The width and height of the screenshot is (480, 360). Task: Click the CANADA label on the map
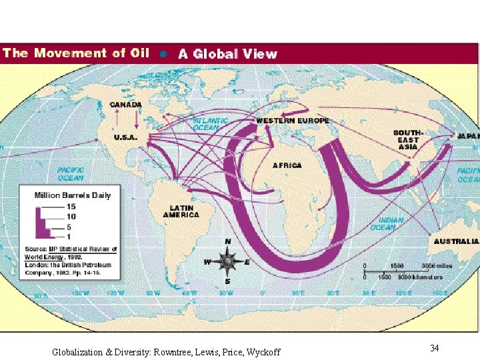click(x=125, y=105)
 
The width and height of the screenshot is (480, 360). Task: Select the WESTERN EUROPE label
click(x=293, y=121)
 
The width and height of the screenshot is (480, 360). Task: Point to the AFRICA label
click(x=287, y=165)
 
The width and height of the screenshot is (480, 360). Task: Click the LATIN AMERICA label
click(x=181, y=211)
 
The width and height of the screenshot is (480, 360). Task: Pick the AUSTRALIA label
click(x=456, y=241)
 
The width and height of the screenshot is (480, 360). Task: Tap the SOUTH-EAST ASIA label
click(x=406, y=140)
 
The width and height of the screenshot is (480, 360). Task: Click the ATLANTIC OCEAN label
click(x=211, y=124)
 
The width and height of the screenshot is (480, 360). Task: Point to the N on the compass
click(x=228, y=241)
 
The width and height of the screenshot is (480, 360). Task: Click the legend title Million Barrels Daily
click(x=73, y=195)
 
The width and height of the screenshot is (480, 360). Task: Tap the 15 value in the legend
click(x=71, y=207)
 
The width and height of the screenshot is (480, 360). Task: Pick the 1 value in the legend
click(x=69, y=237)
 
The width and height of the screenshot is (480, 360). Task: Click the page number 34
click(x=434, y=348)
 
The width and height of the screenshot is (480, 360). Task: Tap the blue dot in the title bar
click(x=164, y=54)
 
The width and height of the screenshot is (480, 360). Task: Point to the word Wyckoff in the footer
click(x=263, y=352)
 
